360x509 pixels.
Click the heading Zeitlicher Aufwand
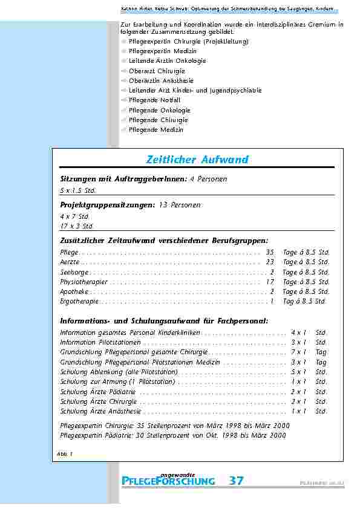pos(197,160)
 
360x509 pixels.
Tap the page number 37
pos(237,481)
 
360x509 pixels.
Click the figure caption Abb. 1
pos(65,453)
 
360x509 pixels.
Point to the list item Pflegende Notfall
pos(154,100)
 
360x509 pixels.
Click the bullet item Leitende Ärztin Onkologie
pos(167,61)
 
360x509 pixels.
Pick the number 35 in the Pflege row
pos(270,252)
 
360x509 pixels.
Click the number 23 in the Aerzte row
pos(270,262)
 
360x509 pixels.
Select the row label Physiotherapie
pos(83,282)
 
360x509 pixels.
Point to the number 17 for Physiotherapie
pos(270,282)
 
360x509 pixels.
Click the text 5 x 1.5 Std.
pos(78,190)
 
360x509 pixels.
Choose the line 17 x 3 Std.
pos(76,225)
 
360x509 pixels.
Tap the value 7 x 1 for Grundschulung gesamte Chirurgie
pos(299,352)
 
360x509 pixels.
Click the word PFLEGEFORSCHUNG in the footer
pos(168,482)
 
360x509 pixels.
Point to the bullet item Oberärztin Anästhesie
pos(161,80)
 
